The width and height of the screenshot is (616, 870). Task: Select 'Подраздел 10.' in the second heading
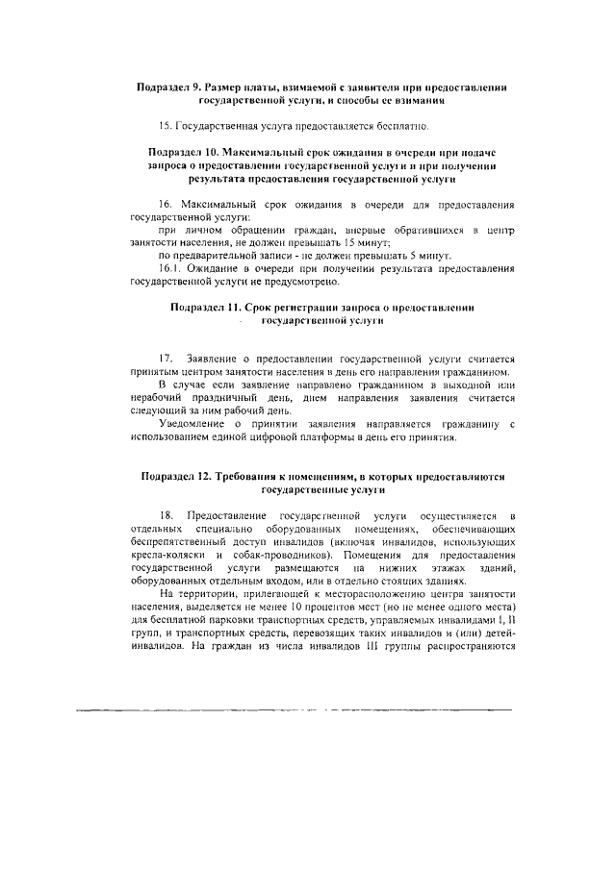click(x=187, y=153)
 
